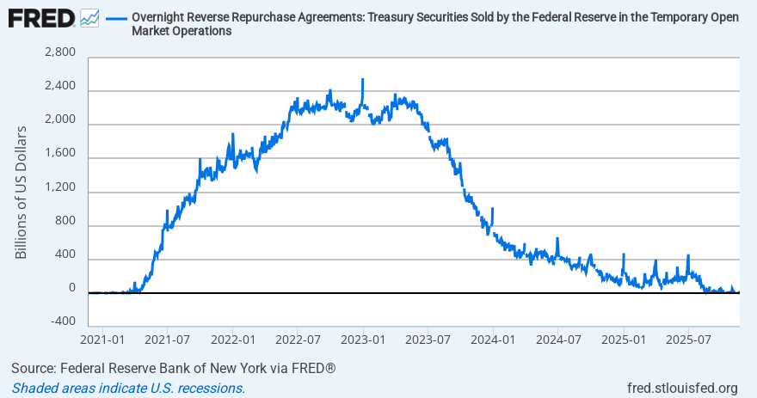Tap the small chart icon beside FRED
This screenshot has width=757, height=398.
point(89,18)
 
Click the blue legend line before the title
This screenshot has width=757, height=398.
point(116,18)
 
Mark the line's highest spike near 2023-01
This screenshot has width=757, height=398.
point(363,80)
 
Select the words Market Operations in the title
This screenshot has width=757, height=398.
point(182,32)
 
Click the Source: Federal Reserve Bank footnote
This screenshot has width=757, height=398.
point(173,369)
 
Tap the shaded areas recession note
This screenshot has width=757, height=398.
point(128,388)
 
